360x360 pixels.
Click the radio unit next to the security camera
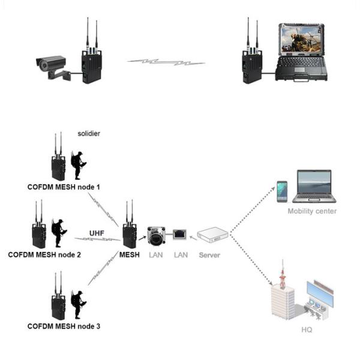92,65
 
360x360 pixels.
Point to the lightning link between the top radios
166,61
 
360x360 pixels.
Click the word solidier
89,133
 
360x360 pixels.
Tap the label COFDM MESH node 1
64,187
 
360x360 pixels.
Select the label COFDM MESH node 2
44,254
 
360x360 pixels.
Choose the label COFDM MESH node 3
64,326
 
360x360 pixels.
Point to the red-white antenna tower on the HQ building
281,277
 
